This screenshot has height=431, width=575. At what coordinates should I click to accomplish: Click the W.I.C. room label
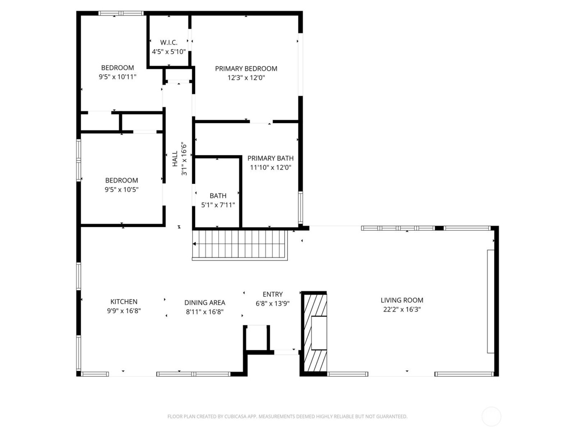pos(169,43)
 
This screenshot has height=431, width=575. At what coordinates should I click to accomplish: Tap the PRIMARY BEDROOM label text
pos(246,69)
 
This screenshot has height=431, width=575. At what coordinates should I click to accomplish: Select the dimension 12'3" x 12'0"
pos(246,78)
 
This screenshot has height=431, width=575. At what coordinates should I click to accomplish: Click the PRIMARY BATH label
pos(270,158)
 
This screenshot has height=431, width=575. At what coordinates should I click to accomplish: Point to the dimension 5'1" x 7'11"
pos(218,205)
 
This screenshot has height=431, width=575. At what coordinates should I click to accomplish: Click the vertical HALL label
pos(175,159)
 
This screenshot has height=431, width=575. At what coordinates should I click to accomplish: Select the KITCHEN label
pos(124,302)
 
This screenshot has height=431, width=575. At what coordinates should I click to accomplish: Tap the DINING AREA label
pos(205,303)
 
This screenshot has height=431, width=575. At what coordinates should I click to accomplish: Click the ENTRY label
pos(273,294)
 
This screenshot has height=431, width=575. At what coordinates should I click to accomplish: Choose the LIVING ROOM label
pos(402,300)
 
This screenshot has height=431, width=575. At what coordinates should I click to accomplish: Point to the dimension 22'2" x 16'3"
pos(402,309)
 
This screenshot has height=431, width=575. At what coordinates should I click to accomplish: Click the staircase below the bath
pos(240,245)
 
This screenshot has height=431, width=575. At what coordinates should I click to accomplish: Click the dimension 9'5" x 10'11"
pos(117,77)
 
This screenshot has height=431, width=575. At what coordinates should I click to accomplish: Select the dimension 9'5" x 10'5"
pos(122,190)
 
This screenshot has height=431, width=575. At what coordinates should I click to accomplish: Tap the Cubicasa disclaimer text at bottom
pos(287,417)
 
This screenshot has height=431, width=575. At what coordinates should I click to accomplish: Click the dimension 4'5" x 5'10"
pos(169,52)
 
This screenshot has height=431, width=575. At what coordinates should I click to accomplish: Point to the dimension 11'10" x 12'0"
pos(270,167)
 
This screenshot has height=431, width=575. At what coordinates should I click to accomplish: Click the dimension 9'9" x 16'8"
pos(124,311)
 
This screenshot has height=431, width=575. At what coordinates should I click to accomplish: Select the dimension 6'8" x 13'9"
pos(273,304)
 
